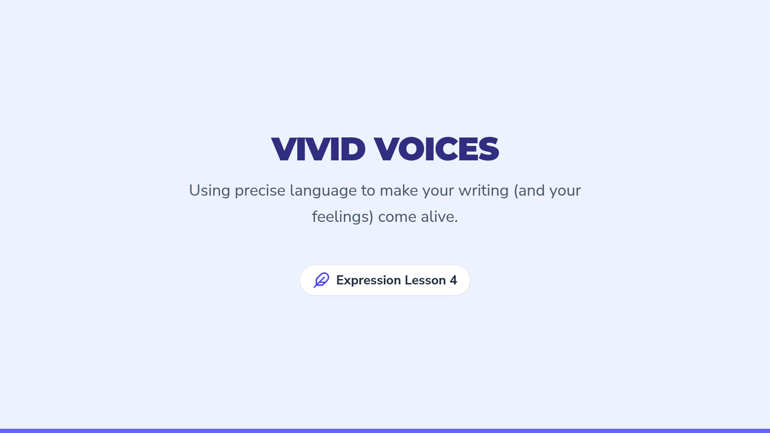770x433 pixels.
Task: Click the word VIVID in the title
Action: pyautogui.click(x=318, y=149)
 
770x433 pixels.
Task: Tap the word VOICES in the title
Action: pyautogui.click(x=436, y=149)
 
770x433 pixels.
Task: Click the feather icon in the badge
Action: pyautogui.click(x=321, y=280)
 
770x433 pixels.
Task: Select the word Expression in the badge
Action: pyautogui.click(x=368, y=280)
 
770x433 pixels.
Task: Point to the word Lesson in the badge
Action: pyautogui.click(x=425, y=280)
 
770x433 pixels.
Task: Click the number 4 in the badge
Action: pyautogui.click(x=454, y=280)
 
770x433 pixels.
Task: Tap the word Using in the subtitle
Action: pyautogui.click(x=209, y=191)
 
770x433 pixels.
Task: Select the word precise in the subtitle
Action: pyautogui.click(x=260, y=191)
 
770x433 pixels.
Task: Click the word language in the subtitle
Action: pyautogui.click(x=323, y=191)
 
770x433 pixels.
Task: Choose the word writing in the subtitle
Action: pyautogui.click(x=484, y=191)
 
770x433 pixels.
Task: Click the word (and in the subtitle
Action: pyautogui.click(x=529, y=191)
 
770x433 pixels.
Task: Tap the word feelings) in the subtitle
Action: pyautogui.click(x=343, y=217)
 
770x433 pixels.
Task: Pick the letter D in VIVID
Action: pyautogui.click(x=352, y=149)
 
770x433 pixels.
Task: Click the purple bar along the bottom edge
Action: pyautogui.click(x=385, y=430)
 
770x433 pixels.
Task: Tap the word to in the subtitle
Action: pyautogui.click(x=368, y=191)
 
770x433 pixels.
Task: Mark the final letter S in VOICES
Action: pyautogui.click(x=488, y=149)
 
